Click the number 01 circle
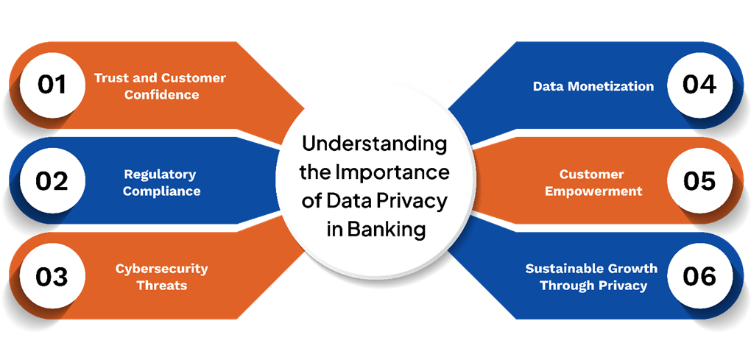[52, 86]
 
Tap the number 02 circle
[52, 181]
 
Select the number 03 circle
[52, 276]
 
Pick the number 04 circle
[699, 86]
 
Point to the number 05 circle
[699, 181]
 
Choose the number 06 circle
[699, 276]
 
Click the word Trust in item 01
[110, 78]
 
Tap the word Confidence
[161, 95]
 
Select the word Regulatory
[160, 174]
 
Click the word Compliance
[161, 191]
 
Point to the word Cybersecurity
[161, 269]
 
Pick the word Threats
[161, 286]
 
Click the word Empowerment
[593, 191]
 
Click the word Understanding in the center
[374, 144]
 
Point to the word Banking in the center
[387, 230]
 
